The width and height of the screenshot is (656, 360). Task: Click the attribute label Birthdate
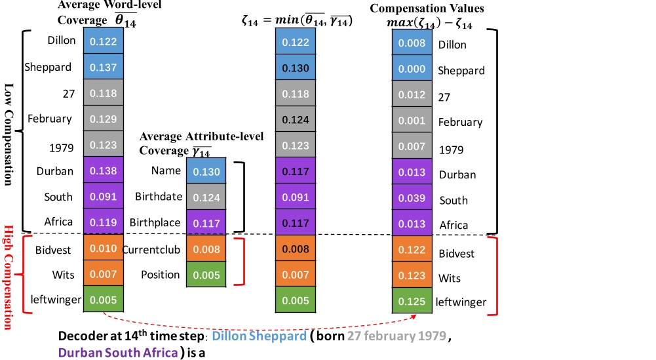[x=157, y=197]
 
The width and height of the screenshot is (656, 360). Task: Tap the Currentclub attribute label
[x=151, y=249]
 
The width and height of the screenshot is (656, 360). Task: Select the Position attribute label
[x=161, y=275]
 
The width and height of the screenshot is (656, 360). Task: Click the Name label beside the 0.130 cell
[x=165, y=170]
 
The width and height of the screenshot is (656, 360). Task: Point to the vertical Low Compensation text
[x=9, y=134]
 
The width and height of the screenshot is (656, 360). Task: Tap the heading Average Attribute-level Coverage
[x=201, y=143]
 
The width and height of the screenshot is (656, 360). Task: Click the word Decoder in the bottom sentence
[x=80, y=336]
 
